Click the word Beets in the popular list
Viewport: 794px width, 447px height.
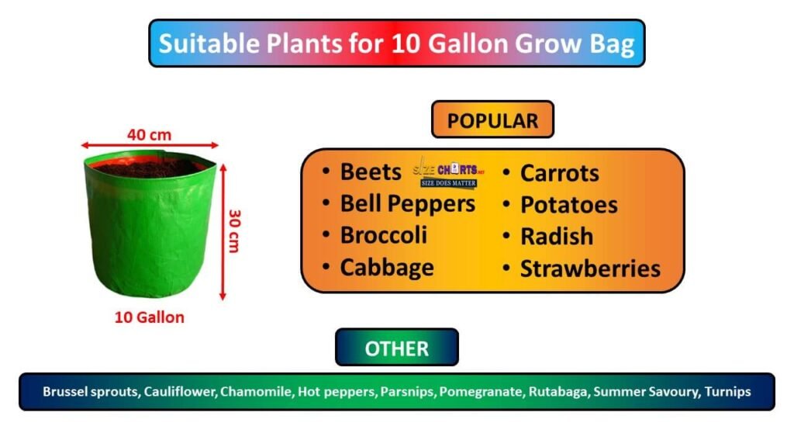[x=371, y=172]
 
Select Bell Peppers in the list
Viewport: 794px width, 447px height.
[x=407, y=203]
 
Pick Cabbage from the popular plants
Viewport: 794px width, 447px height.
[x=386, y=268]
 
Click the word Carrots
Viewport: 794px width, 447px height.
[x=559, y=173]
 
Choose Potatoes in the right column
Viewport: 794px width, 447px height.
[x=568, y=205]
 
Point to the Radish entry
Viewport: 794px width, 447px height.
[x=556, y=237]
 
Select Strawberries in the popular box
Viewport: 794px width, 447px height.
[x=589, y=269]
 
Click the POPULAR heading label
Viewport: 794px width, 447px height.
[x=492, y=120]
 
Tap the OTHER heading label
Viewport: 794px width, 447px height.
[x=396, y=348]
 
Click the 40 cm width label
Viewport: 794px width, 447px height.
[x=149, y=134]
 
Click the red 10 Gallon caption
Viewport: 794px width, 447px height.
[x=150, y=317]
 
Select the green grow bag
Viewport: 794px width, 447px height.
[x=147, y=233]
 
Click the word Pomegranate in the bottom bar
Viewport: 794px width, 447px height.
[x=481, y=392]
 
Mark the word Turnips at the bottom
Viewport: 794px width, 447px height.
[x=727, y=392]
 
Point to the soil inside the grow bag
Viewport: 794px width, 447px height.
[x=147, y=166]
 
